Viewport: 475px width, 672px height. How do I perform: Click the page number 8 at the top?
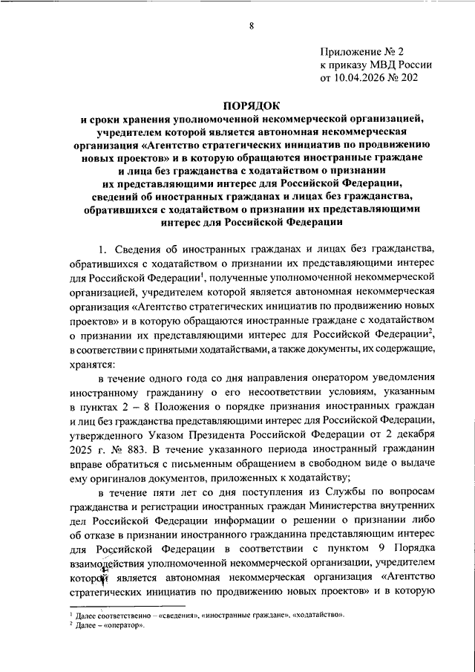point(252,27)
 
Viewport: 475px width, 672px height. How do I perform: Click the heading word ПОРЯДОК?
point(252,106)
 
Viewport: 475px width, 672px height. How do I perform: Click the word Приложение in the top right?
point(349,51)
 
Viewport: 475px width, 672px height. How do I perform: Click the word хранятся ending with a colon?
point(93,365)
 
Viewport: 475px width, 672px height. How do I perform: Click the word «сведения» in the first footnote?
point(177,616)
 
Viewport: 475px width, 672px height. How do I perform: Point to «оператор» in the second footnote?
point(123,625)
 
